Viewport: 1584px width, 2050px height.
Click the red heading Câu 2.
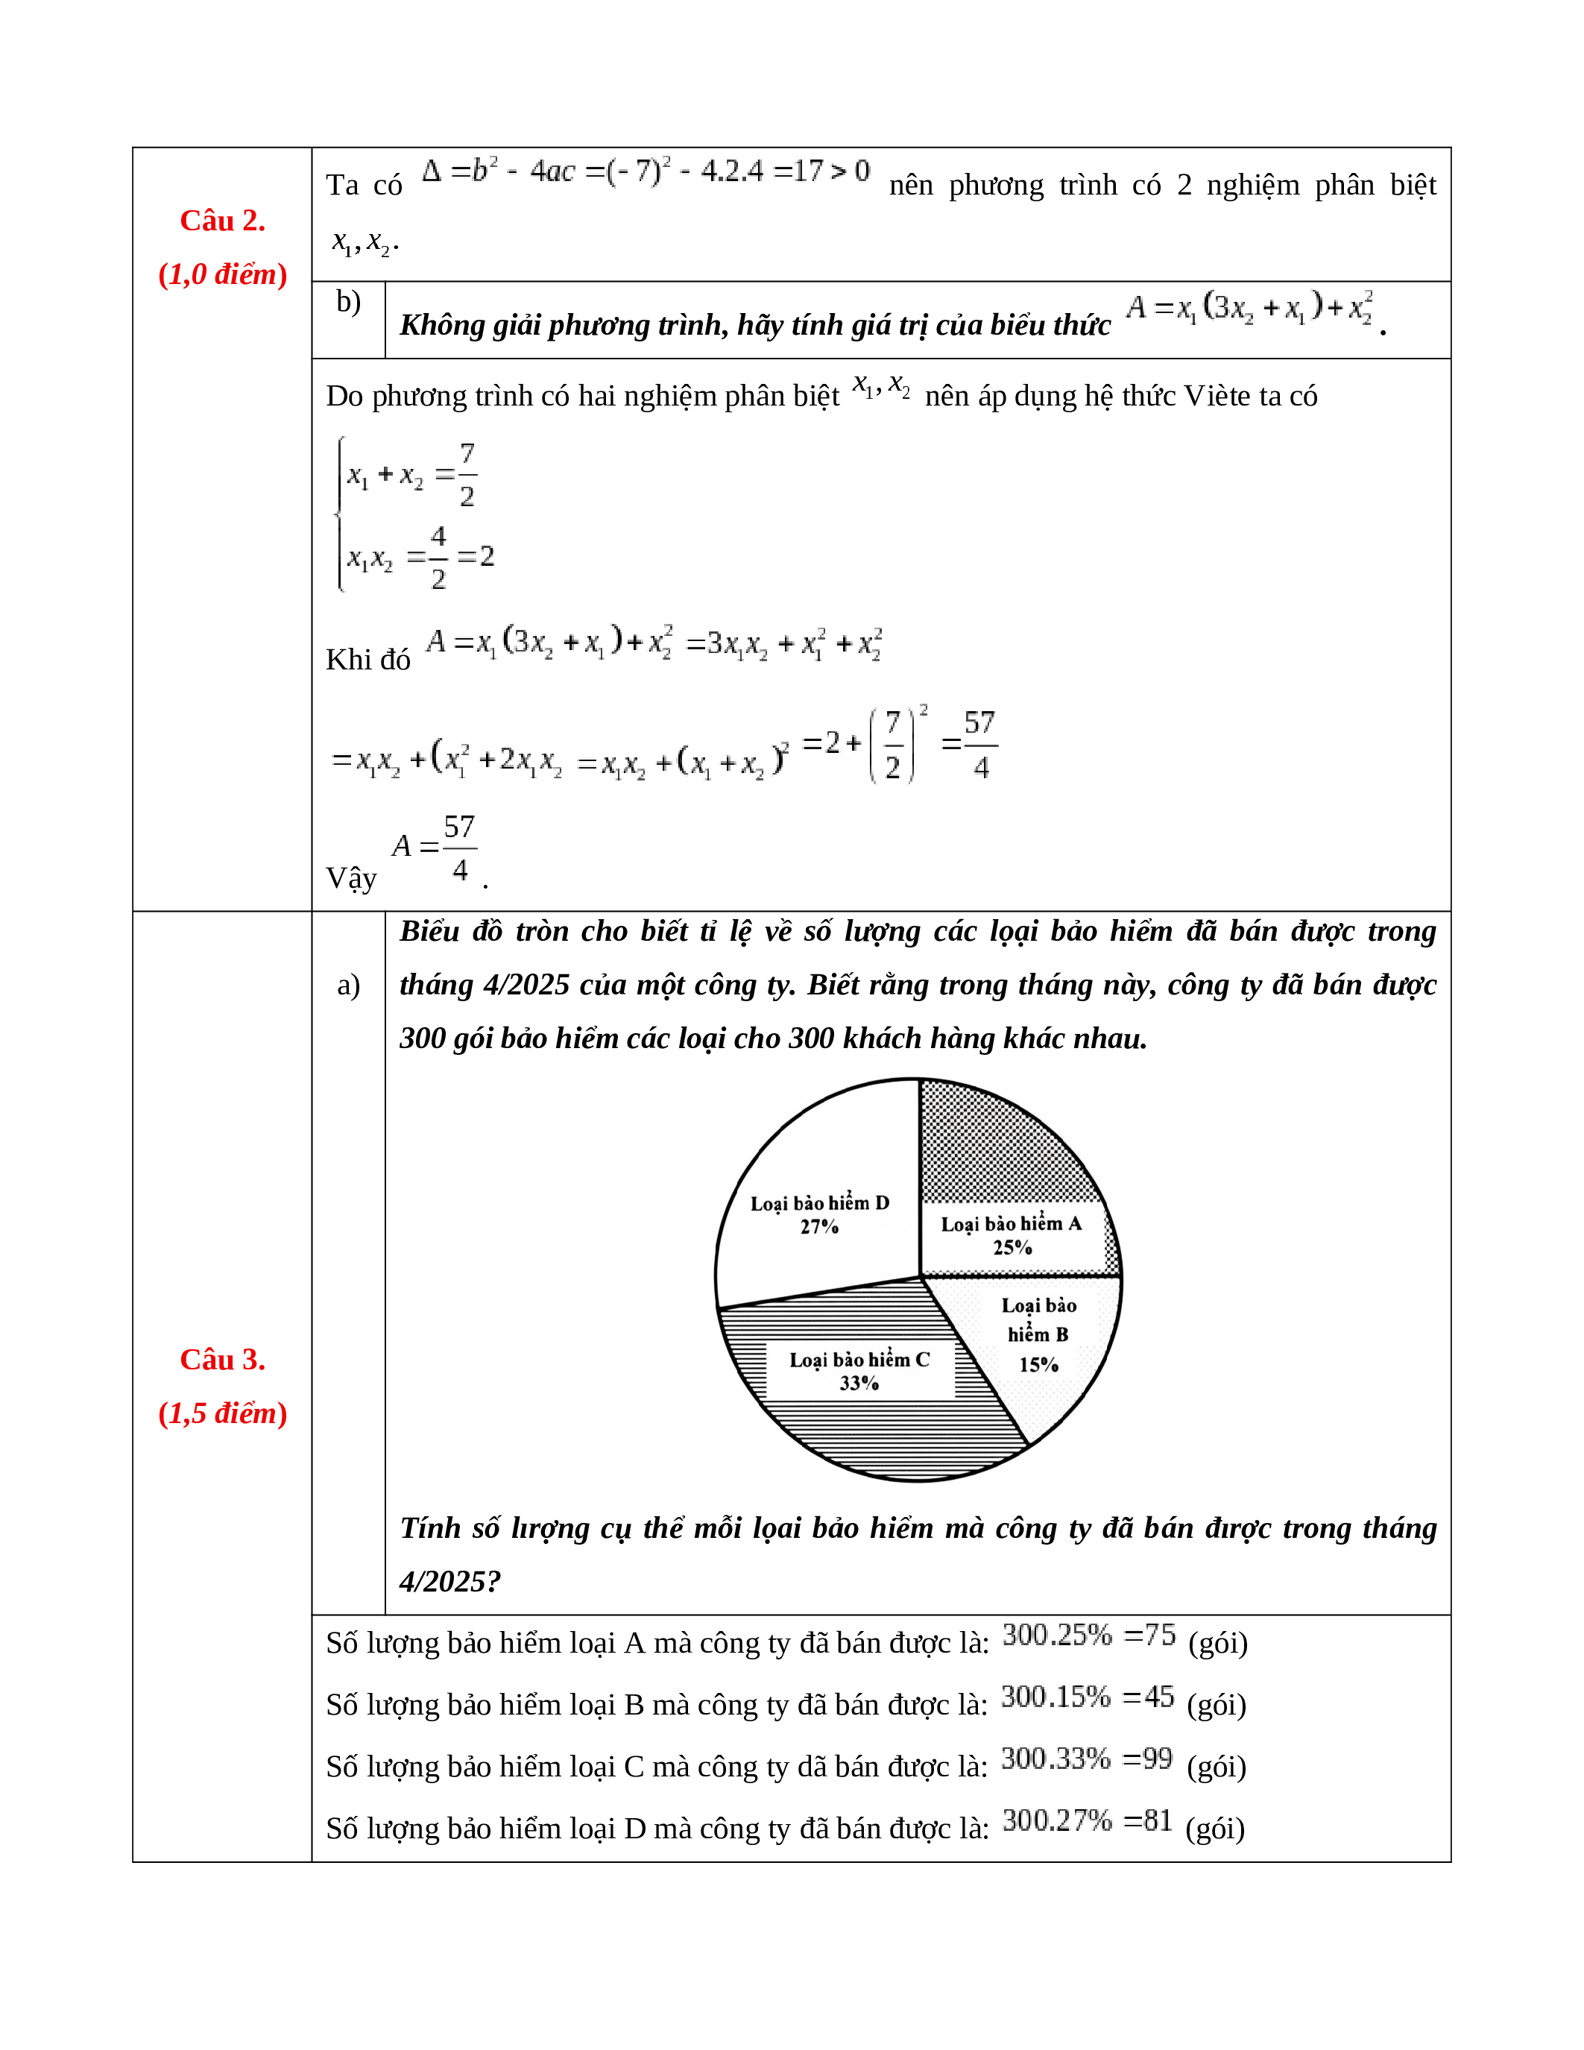[x=222, y=221]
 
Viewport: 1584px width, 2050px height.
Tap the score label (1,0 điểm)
[x=222, y=274]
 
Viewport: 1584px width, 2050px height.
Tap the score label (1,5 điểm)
[x=222, y=1413]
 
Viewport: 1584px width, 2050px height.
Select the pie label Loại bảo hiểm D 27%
[x=819, y=1214]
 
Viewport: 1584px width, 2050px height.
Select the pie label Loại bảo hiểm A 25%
[x=1012, y=1235]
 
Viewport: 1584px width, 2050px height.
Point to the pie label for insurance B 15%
[x=1039, y=1334]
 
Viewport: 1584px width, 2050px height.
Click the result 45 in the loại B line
[x=1159, y=1697]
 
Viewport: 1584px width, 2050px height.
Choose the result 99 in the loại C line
[x=1157, y=1759]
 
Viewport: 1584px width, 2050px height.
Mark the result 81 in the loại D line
[x=1158, y=1821]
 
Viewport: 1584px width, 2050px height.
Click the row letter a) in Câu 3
[x=348, y=985]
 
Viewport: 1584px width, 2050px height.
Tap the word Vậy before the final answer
[x=351, y=879]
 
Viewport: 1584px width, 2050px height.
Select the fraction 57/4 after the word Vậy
[x=460, y=848]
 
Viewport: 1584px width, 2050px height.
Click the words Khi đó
[x=367, y=660]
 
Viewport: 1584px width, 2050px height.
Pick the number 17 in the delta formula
[x=808, y=171]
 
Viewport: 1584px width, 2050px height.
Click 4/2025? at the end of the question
[x=449, y=1582]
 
